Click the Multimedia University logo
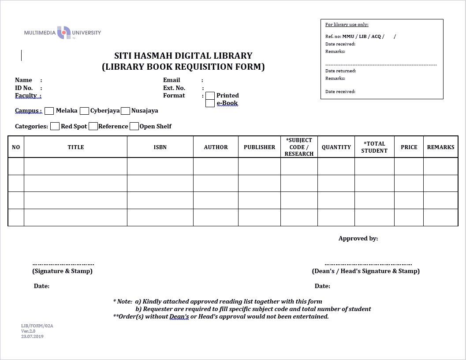[63, 33]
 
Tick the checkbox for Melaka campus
[49, 111]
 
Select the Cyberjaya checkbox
[84, 111]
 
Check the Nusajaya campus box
[125, 111]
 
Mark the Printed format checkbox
[210, 96]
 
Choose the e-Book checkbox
[210, 104]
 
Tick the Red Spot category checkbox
[55, 126]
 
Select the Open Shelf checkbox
[134, 126]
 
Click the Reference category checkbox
[93, 126]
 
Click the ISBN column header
[160, 147]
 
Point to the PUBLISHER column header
[259, 147]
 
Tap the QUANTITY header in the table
[336, 147]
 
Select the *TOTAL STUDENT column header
[374, 147]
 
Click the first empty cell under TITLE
[75, 166]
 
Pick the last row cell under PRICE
[409, 217]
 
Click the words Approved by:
[358, 239]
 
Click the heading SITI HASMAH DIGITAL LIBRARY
[183, 56]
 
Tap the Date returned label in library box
[340, 71]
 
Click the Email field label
[171, 80]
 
